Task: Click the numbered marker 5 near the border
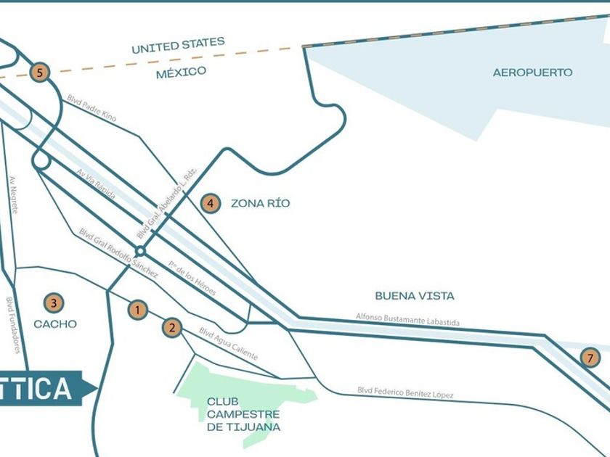pyautogui.click(x=40, y=72)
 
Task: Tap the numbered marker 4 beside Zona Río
pyautogui.click(x=210, y=203)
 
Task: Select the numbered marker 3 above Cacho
pyautogui.click(x=52, y=302)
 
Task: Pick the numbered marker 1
pyautogui.click(x=137, y=310)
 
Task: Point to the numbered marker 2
pyautogui.click(x=172, y=327)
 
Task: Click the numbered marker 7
pyautogui.click(x=590, y=357)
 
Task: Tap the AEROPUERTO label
pyautogui.click(x=532, y=73)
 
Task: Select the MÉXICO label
pyautogui.click(x=181, y=72)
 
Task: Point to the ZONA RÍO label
pyautogui.click(x=260, y=203)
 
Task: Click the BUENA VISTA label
pyautogui.click(x=415, y=296)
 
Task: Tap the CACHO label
pyautogui.click(x=55, y=324)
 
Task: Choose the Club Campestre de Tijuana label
pyautogui.click(x=243, y=413)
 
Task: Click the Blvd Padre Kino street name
pyautogui.click(x=91, y=107)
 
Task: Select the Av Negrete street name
pyautogui.click(x=13, y=194)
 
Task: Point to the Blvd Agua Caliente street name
pyautogui.click(x=228, y=345)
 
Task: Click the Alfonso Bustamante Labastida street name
pyautogui.click(x=407, y=319)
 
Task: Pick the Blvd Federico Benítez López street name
pyautogui.click(x=405, y=392)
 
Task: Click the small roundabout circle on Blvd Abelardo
pyautogui.click(x=141, y=251)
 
